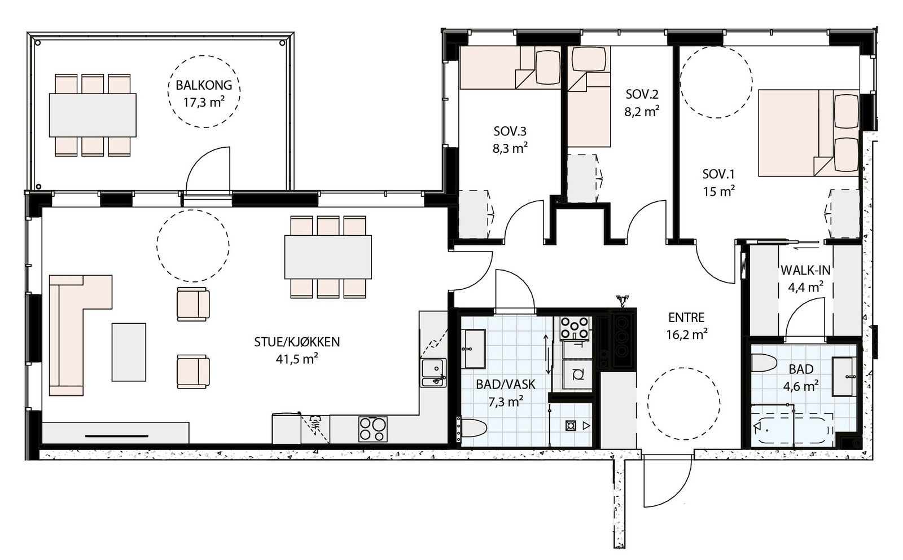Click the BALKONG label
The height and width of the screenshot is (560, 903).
(x=204, y=85)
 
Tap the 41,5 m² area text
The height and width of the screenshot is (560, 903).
(x=297, y=359)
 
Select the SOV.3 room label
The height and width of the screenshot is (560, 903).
(x=510, y=131)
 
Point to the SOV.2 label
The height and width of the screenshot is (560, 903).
(x=642, y=94)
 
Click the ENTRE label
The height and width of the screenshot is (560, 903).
(x=686, y=318)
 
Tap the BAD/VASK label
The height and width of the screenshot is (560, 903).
(x=506, y=385)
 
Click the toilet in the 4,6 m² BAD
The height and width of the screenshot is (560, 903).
(x=764, y=363)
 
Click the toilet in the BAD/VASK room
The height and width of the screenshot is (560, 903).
(x=474, y=428)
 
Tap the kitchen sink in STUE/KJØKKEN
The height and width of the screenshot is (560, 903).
(x=433, y=373)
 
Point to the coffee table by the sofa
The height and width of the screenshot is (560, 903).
(x=129, y=352)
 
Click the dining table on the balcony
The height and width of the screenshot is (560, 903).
(x=93, y=115)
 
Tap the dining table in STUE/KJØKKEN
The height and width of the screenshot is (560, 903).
(x=328, y=257)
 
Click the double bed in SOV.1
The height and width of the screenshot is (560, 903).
(x=808, y=133)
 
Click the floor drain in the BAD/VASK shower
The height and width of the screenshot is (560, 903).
(x=571, y=425)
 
